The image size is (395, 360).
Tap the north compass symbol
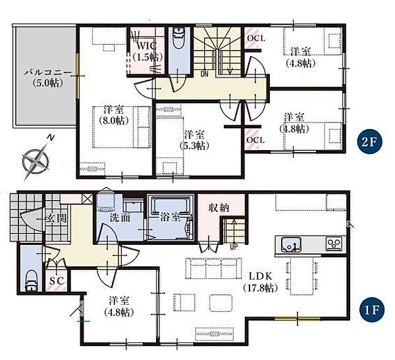tap(36, 159)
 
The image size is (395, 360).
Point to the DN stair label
tap(204, 74)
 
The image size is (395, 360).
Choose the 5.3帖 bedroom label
tap(194, 140)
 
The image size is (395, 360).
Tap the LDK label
tap(261, 276)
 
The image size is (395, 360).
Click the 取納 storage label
tap(219, 208)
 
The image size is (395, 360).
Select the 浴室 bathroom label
tap(171, 217)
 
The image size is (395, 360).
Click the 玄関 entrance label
tap(57, 219)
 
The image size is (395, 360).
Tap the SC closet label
tap(57, 281)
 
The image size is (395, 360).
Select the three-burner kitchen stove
tap(334, 244)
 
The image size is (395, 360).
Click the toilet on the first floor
tap(32, 281)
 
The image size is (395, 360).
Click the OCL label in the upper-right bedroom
tap(256, 38)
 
